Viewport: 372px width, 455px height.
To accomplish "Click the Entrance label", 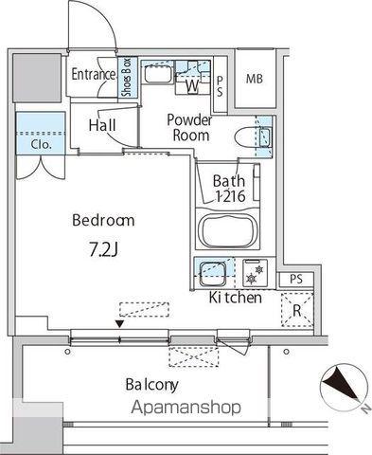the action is coord(94,74).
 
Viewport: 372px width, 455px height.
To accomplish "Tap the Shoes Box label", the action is coord(127,78).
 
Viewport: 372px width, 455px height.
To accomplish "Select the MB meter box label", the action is coord(255,79).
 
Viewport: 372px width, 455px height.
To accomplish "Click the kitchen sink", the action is coord(213,272).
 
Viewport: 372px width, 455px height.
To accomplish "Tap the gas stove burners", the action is coord(255,273).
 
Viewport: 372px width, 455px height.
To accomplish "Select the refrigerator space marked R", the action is coord(297,310).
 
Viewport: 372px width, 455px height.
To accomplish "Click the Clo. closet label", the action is coord(41,145).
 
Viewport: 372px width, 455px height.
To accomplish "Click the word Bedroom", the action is coord(103,220).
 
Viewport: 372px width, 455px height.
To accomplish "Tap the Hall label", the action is coord(102,125).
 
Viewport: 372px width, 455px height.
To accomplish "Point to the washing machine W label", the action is coord(192,85).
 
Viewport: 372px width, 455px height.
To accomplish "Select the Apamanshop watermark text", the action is coord(186,407).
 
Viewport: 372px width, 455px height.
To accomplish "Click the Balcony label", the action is coord(151,385).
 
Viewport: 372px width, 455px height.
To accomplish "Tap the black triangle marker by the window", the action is coord(119,324).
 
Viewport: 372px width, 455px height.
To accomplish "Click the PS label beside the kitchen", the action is coord(296,279).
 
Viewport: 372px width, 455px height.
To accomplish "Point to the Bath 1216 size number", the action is coord(230,196).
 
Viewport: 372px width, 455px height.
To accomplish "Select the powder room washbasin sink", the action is coord(158,74).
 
